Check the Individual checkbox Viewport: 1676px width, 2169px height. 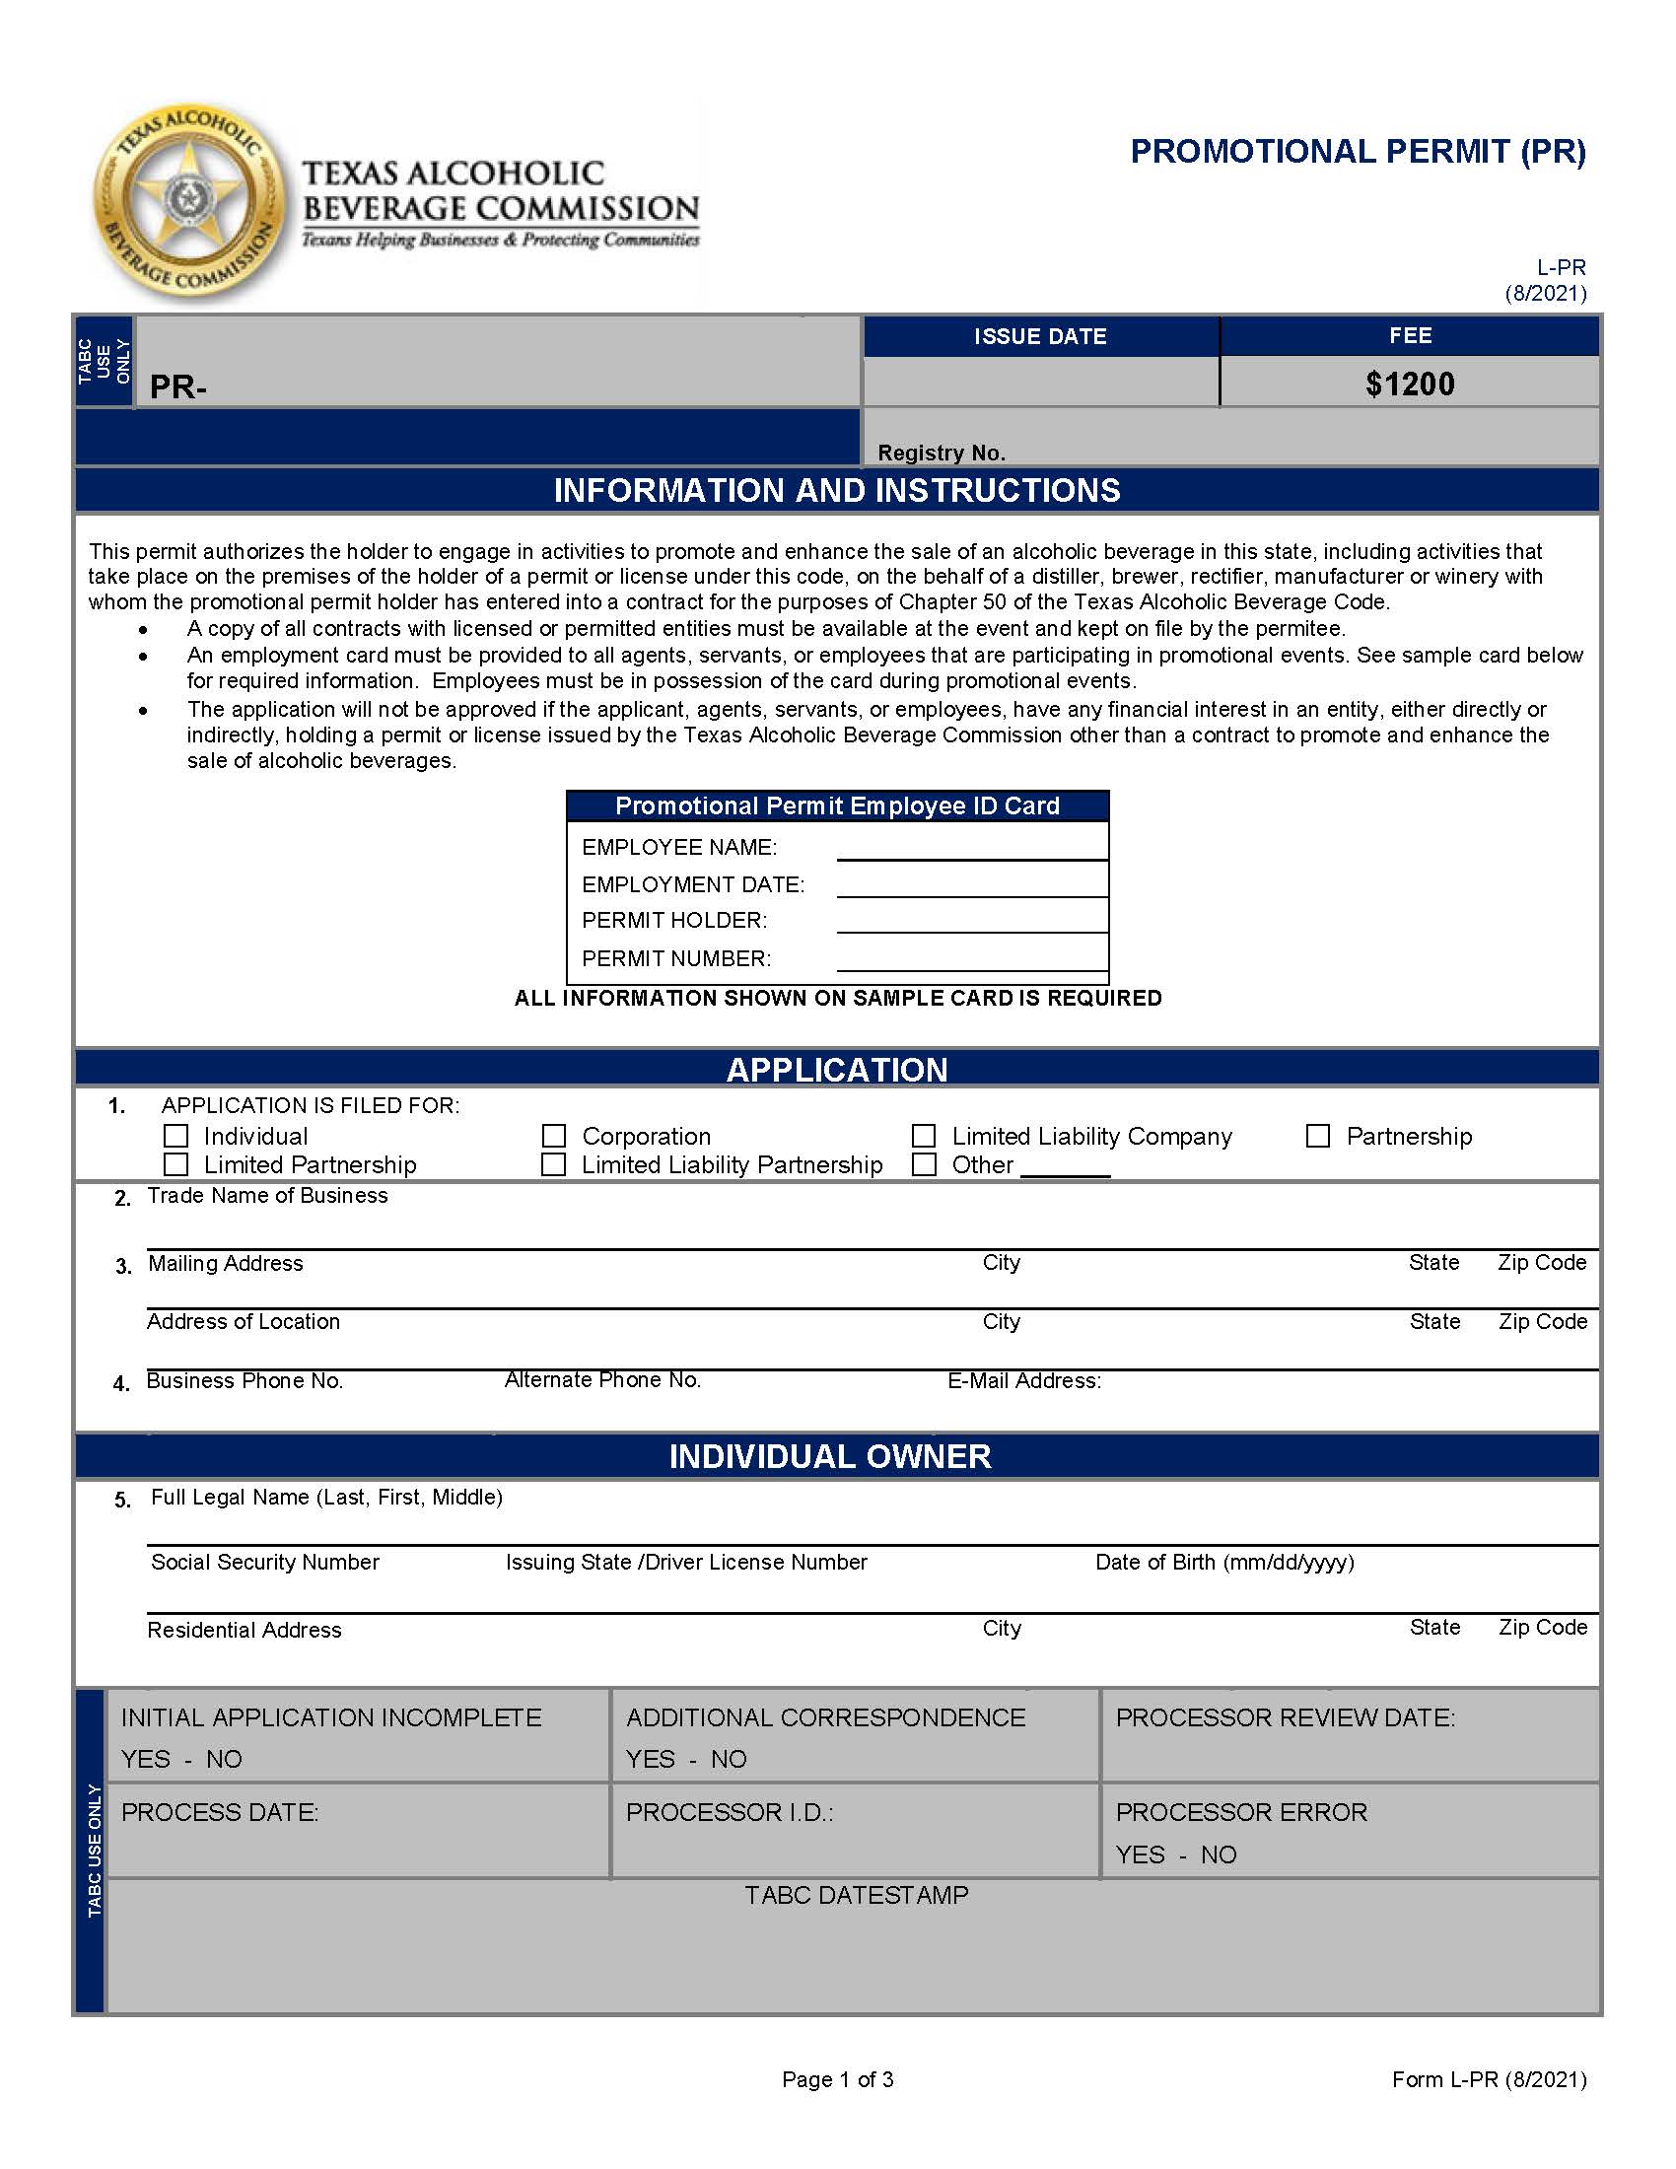pyautogui.click(x=175, y=1135)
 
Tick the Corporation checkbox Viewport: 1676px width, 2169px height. pyautogui.click(x=554, y=1135)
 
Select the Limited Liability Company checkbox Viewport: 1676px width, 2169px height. pyautogui.click(x=924, y=1135)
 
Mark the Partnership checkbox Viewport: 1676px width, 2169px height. pyautogui.click(x=1317, y=1135)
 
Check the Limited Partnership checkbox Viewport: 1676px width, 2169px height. pyautogui.click(x=175, y=1164)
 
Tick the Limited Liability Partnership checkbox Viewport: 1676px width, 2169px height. pyautogui.click(x=554, y=1164)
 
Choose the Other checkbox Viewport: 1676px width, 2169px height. pyautogui.click(x=924, y=1164)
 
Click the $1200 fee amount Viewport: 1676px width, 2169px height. pyautogui.click(x=1409, y=385)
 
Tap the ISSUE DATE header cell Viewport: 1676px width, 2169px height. pyautogui.click(x=1039, y=336)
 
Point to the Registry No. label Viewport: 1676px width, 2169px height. pyautogui.click(x=942, y=453)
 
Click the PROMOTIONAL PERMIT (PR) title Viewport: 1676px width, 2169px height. pyautogui.click(x=1358, y=152)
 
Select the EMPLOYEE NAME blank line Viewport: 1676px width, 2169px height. pyautogui.click(x=971, y=850)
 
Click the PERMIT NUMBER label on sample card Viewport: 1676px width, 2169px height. pyautogui.click(x=676, y=958)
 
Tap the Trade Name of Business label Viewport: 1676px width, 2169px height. pyautogui.click(x=267, y=1196)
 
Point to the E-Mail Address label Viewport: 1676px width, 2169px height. pyautogui.click(x=1023, y=1380)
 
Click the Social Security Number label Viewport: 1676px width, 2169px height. pyautogui.click(x=265, y=1563)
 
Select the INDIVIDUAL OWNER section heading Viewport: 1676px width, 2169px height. pyautogui.click(x=829, y=1456)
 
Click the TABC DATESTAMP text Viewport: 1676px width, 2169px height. pyautogui.click(x=856, y=1895)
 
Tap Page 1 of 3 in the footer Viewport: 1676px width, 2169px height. pyautogui.click(x=837, y=2079)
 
